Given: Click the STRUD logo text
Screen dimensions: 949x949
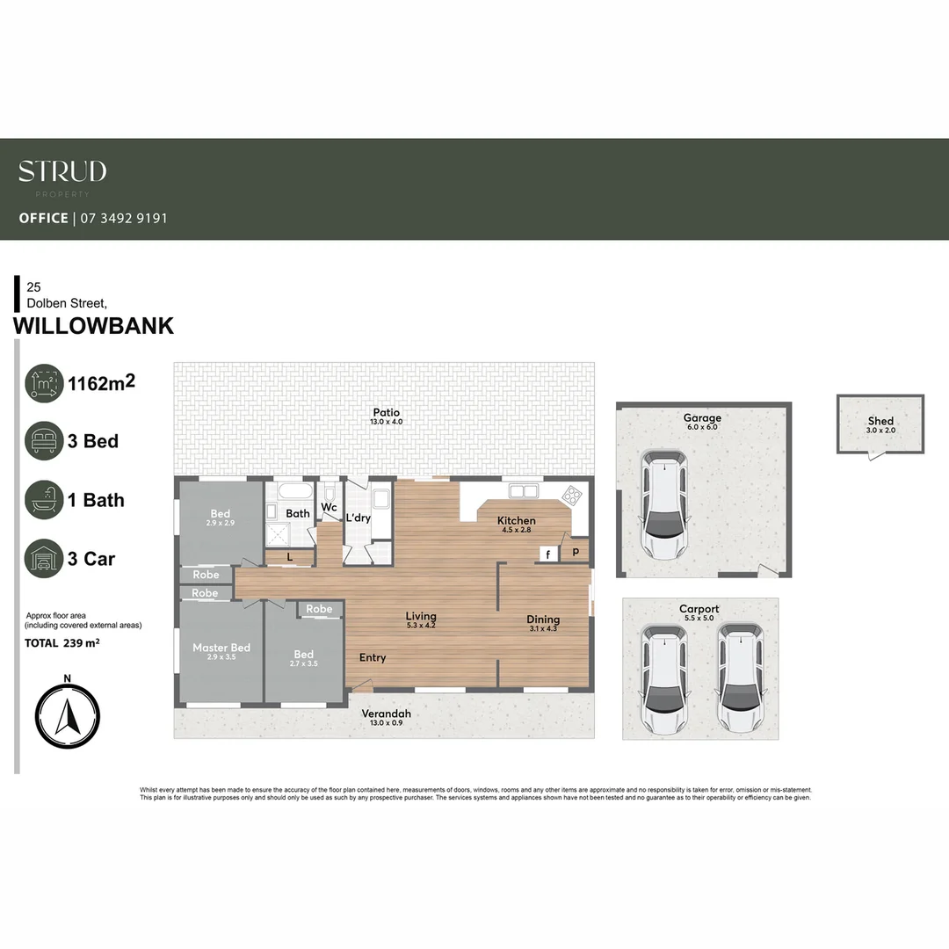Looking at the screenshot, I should pyautogui.click(x=62, y=170).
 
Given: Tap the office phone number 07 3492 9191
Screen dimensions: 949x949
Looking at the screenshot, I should pyautogui.click(x=124, y=218).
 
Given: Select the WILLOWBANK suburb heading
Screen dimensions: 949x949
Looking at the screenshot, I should pyautogui.click(x=94, y=326).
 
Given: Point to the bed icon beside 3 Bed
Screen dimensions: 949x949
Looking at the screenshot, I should pyautogui.click(x=44, y=441).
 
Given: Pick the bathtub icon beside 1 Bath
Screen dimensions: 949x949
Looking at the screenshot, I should pyautogui.click(x=44, y=500).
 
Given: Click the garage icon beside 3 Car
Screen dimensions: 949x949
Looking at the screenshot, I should pyautogui.click(x=44, y=559).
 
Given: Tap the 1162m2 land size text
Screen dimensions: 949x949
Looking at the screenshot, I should pyautogui.click(x=101, y=383).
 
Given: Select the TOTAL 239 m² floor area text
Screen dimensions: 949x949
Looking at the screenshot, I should pyautogui.click(x=62, y=643).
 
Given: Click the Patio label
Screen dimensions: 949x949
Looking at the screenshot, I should pyautogui.click(x=386, y=412).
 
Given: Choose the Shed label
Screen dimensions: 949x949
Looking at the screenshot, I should pyautogui.click(x=880, y=421).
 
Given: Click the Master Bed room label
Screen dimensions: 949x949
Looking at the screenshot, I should pyautogui.click(x=221, y=648).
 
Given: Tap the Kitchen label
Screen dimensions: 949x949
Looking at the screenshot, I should pyautogui.click(x=517, y=520).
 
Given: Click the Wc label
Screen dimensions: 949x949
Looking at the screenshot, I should pyautogui.click(x=330, y=508).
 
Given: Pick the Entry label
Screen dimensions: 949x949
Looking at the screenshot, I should pyautogui.click(x=373, y=657).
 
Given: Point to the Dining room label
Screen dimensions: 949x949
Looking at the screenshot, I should pyautogui.click(x=543, y=619).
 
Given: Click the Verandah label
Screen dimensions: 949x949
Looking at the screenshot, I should pyautogui.click(x=387, y=714).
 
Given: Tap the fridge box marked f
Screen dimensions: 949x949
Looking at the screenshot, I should pyautogui.click(x=548, y=554).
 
